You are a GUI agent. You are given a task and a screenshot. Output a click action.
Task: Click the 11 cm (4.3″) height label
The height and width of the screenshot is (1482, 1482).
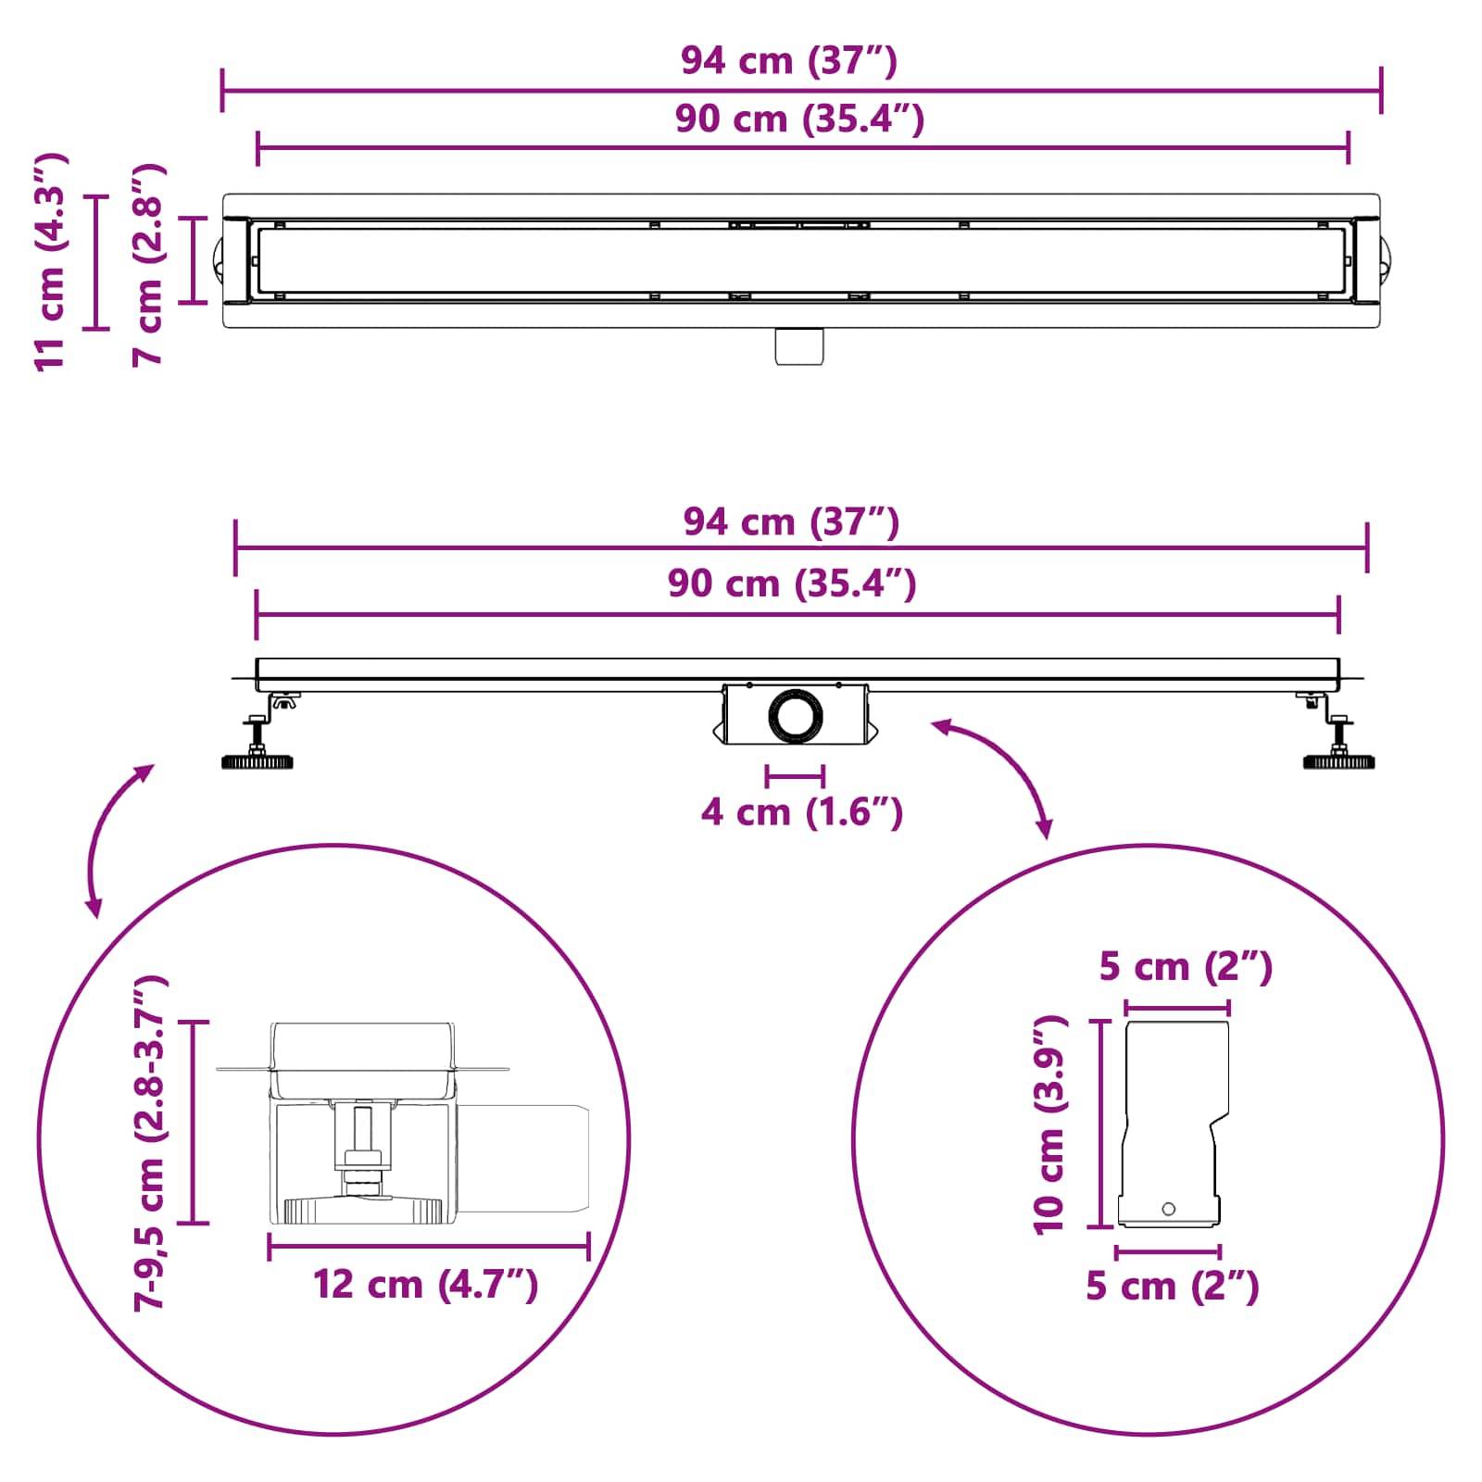pos(50,263)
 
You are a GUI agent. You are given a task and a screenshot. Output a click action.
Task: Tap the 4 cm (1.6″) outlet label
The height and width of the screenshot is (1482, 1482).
pos(801,812)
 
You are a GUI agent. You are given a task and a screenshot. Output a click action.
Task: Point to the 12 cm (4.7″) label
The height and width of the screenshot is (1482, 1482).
pos(426,1285)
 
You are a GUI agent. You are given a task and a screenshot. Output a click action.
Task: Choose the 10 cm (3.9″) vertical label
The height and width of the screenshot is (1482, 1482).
pos(1050,1124)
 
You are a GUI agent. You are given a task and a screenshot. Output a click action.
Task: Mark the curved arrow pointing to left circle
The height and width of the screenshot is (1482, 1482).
pos(115,838)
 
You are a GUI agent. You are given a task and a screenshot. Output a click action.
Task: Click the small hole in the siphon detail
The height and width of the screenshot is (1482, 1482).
pos(1168,1209)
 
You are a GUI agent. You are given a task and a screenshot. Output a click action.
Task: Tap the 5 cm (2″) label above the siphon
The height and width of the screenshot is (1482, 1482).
pos(1186,968)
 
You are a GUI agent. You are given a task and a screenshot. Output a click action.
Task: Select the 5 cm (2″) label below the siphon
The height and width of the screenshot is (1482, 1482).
pos(1173,1287)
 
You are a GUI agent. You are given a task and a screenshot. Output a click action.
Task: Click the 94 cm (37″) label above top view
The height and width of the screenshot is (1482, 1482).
pos(789,61)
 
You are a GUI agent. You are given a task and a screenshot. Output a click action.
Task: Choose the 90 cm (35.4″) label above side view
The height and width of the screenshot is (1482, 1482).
pos(792,584)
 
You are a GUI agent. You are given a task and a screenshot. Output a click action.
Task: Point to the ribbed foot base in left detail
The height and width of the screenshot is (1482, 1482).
pos(362,1210)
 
